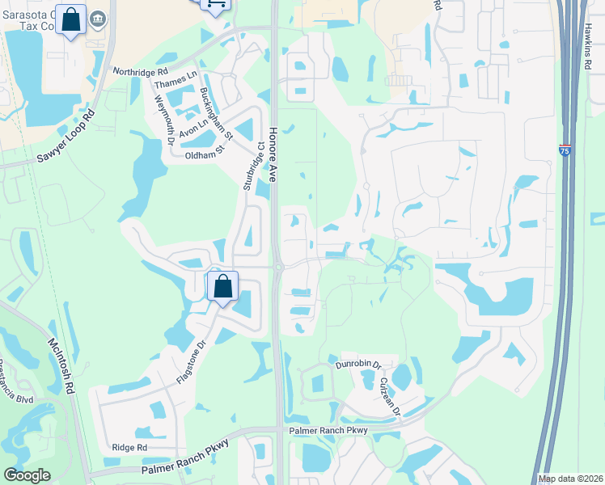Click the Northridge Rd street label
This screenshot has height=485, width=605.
pos(142,72)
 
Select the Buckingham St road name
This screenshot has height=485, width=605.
pos(216,112)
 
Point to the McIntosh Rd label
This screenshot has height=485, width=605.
pos(61,366)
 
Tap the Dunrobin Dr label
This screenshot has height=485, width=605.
pos(357,365)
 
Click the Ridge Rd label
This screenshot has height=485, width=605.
pos(129,447)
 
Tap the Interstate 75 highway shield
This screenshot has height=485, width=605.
pos(564,150)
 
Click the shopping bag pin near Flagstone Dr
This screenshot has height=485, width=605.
pos(222,286)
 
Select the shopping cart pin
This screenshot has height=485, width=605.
pos(215,3)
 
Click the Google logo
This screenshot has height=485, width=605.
pos(27,475)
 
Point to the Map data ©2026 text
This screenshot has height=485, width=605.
pos(570,479)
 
